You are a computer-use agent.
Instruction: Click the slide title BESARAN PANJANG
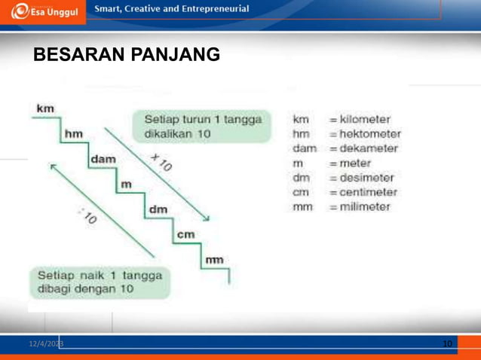[126, 55]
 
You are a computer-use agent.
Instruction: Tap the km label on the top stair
[45, 108]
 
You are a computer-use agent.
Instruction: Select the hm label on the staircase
[74, 134]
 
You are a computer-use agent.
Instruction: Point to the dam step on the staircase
[101, 160]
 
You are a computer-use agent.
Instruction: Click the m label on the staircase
[126, 184]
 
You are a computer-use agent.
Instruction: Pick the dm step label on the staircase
[158, 209]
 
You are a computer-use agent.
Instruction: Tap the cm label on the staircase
[185, 234]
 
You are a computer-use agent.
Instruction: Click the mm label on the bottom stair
[214, 260]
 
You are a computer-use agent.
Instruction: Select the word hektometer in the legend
[369, 134]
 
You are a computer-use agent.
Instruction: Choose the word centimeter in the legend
[368, 192]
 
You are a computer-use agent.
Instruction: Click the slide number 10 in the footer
[447, 343]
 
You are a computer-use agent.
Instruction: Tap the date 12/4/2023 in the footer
[46, 343]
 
